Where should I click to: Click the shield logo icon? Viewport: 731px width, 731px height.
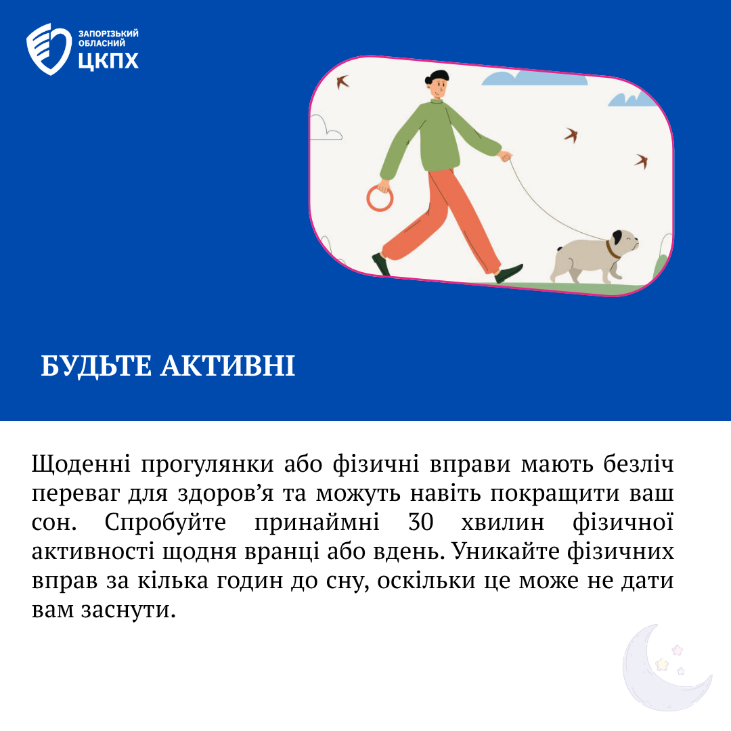coord(49,49)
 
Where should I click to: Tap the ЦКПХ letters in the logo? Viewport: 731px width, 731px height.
coord(108,61)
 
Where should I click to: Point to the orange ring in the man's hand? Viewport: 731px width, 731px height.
coord(380,198)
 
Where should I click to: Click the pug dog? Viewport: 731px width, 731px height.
coord(594,256)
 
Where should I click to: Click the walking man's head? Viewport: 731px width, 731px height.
coord(438,84)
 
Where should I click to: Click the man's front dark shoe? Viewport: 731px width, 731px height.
coord(509,273)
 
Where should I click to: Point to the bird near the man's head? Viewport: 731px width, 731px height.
coord(342,82)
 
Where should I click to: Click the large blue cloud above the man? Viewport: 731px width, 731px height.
coord(534,77)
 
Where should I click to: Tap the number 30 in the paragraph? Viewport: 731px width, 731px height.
coord(421,522)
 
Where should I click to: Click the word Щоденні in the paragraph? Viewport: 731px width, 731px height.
coord(81,464)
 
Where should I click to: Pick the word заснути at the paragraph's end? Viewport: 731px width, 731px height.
coord(129,611)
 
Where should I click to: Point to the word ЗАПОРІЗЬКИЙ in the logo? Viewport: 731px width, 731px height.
coord(108,34)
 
